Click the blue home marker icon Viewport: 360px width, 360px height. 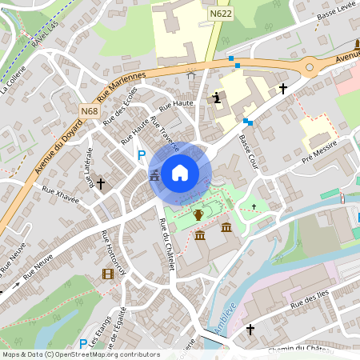coord(180,173)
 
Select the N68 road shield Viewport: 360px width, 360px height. coord(90,110)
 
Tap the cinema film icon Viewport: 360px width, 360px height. coord(107,274)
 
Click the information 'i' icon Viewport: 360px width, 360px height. coord(217,98)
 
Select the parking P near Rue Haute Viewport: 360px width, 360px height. coord(142,155)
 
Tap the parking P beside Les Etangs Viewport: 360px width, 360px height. coord(82,322)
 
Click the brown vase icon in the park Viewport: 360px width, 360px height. coord(198,214)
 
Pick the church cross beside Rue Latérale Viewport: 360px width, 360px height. coord(101,182)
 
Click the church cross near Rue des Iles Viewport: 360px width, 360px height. coord(250,329)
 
